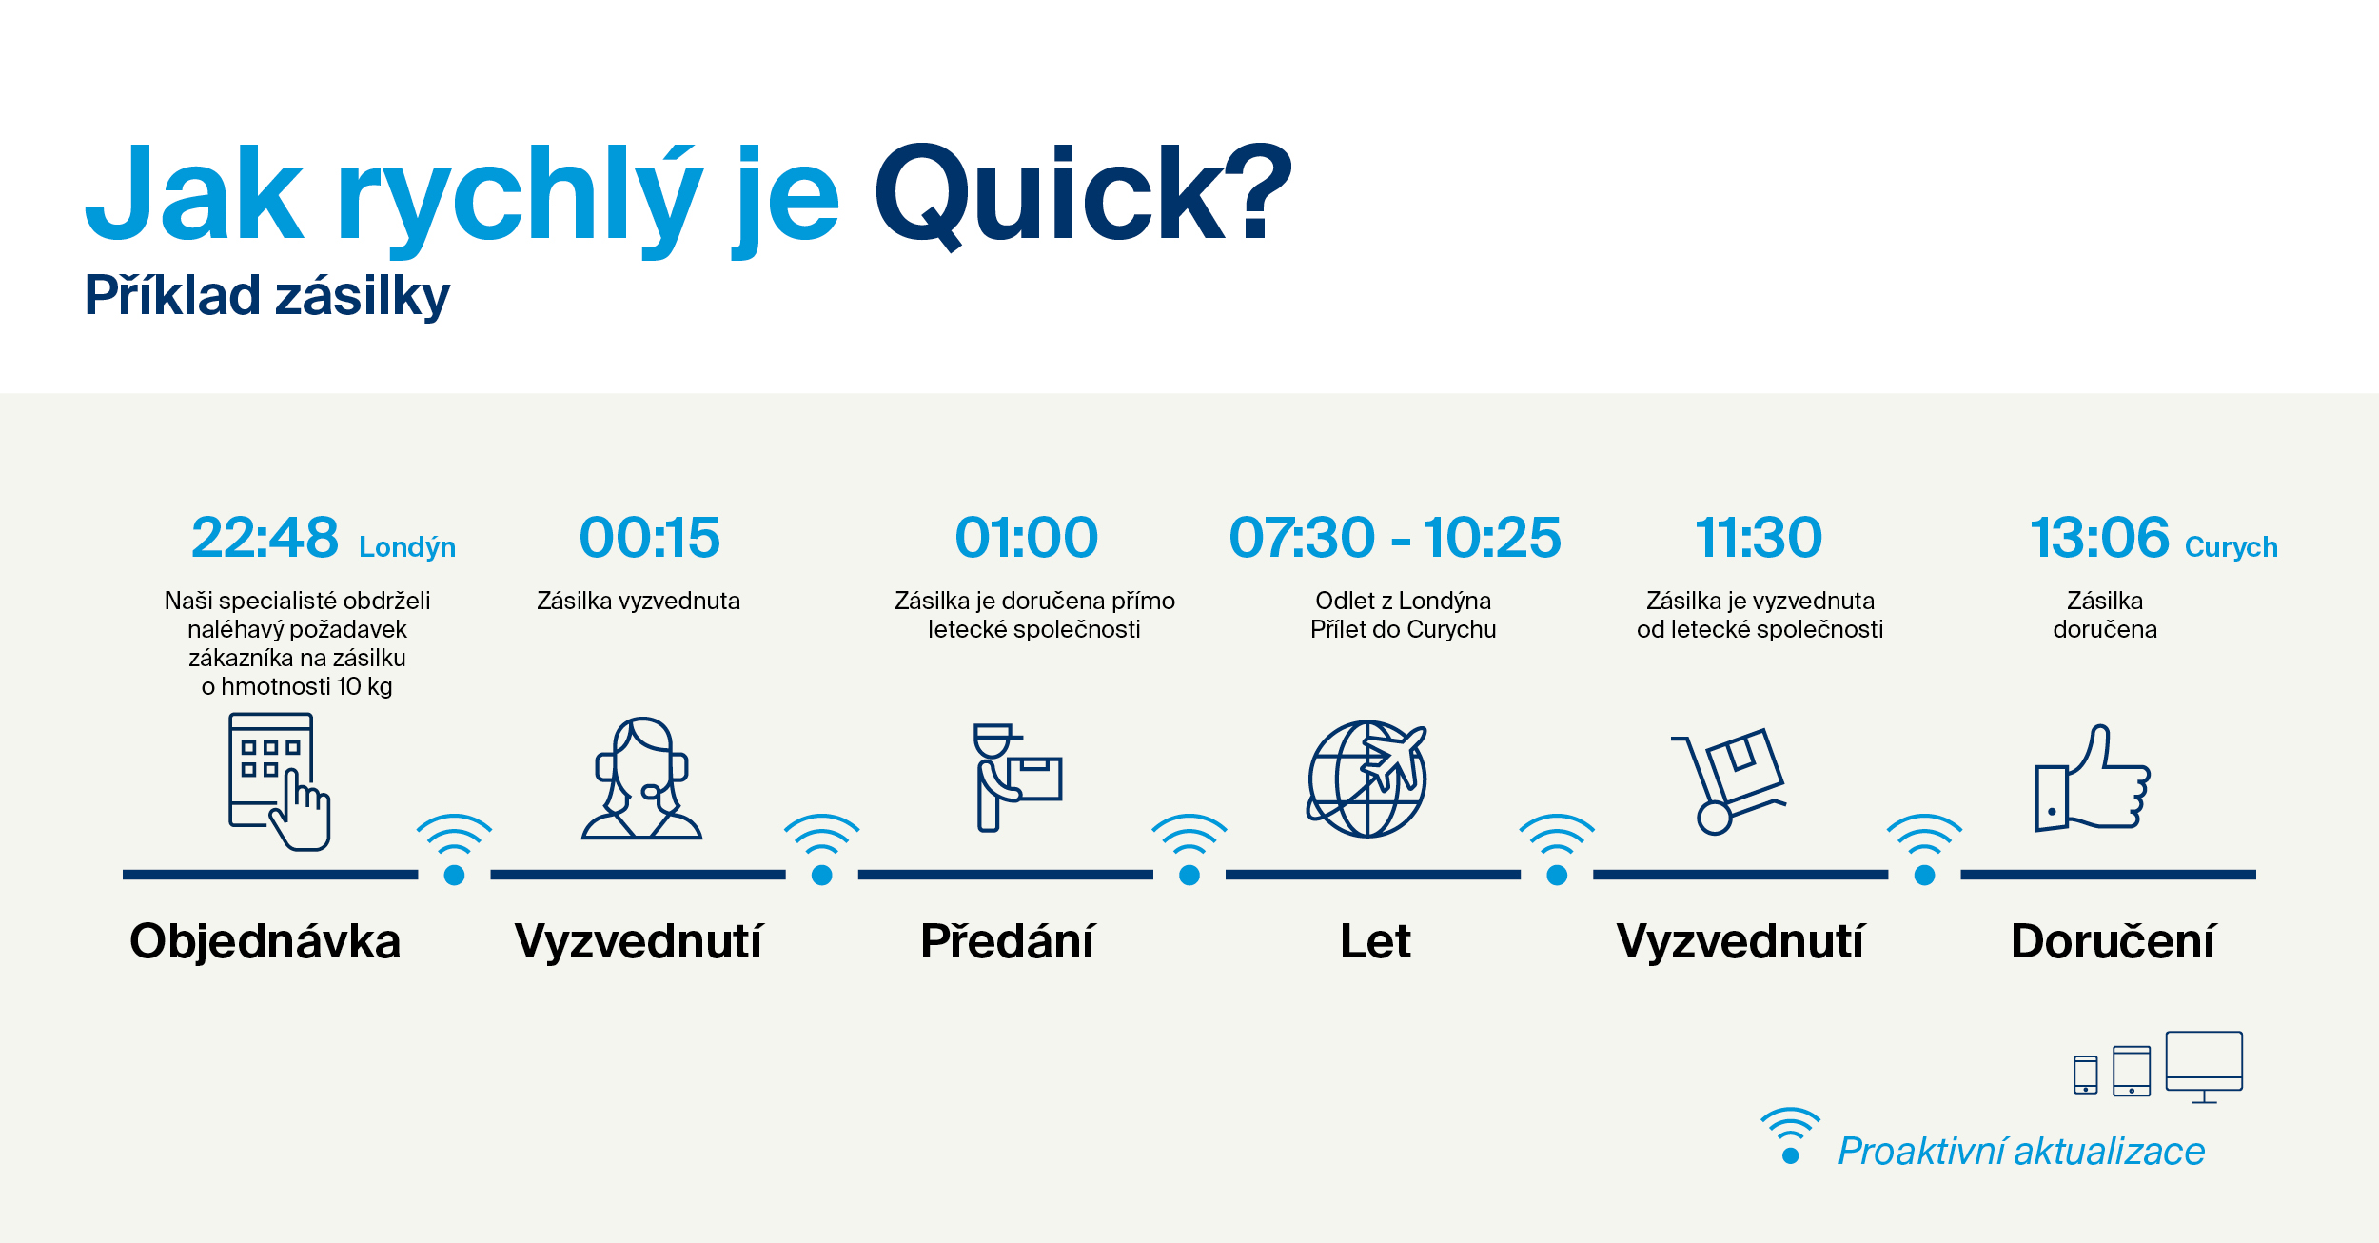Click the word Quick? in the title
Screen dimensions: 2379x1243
[x=1083, y=195]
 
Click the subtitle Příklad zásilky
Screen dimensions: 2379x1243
[x=267, y=296]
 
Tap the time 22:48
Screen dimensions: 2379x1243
[x=265, y=537]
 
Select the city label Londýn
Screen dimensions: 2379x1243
[x=407, y=547]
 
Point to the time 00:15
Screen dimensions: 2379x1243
[x=650, y=537]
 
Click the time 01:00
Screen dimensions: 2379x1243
[x=1027, y=537]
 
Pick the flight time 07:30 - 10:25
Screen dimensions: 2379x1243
[x=1395, y=537]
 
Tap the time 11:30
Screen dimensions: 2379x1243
[x=1759, y=537]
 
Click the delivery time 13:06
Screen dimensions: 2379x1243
[x=2100, y=537]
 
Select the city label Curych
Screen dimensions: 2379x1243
[x=2232, y=547]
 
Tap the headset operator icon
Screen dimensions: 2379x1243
[x=642, y=779]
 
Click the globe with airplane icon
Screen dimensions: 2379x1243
[x=1367, y=779]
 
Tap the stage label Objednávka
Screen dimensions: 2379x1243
[x=265, y=941]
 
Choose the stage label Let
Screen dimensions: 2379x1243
[x=1375, y=941]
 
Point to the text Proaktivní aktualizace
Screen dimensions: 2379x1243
[x=2021, y=1152]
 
